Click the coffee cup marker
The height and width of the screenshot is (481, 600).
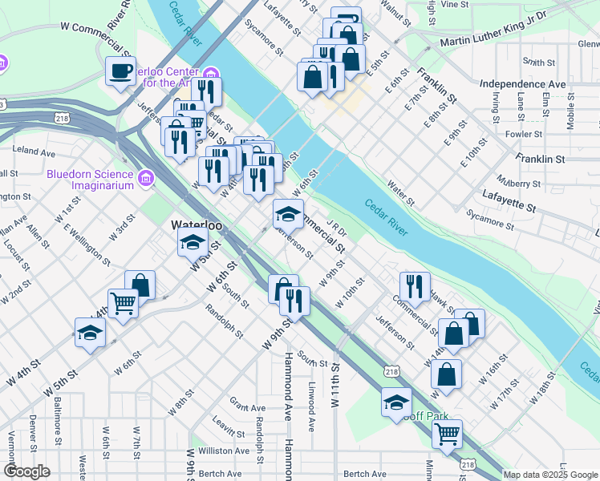(x=121, y=71)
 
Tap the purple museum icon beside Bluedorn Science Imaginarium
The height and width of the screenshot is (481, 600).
(x=145, y=178)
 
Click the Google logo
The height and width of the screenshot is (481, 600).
(x=27, y=471)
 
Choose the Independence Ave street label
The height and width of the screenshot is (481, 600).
(x=522, y=83)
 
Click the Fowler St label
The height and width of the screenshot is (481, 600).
(x=525, y=134)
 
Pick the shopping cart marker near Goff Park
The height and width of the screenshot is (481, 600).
(x=447, y=435)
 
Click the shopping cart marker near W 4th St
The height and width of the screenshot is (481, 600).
(x=123, y=304)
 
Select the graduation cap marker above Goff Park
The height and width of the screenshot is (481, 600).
(x=396, y=403)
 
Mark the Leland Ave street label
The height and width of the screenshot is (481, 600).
(x=34, y=151)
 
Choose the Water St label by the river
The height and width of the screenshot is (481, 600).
(x=401, y=194)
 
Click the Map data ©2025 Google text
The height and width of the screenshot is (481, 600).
(x=550, y=475)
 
